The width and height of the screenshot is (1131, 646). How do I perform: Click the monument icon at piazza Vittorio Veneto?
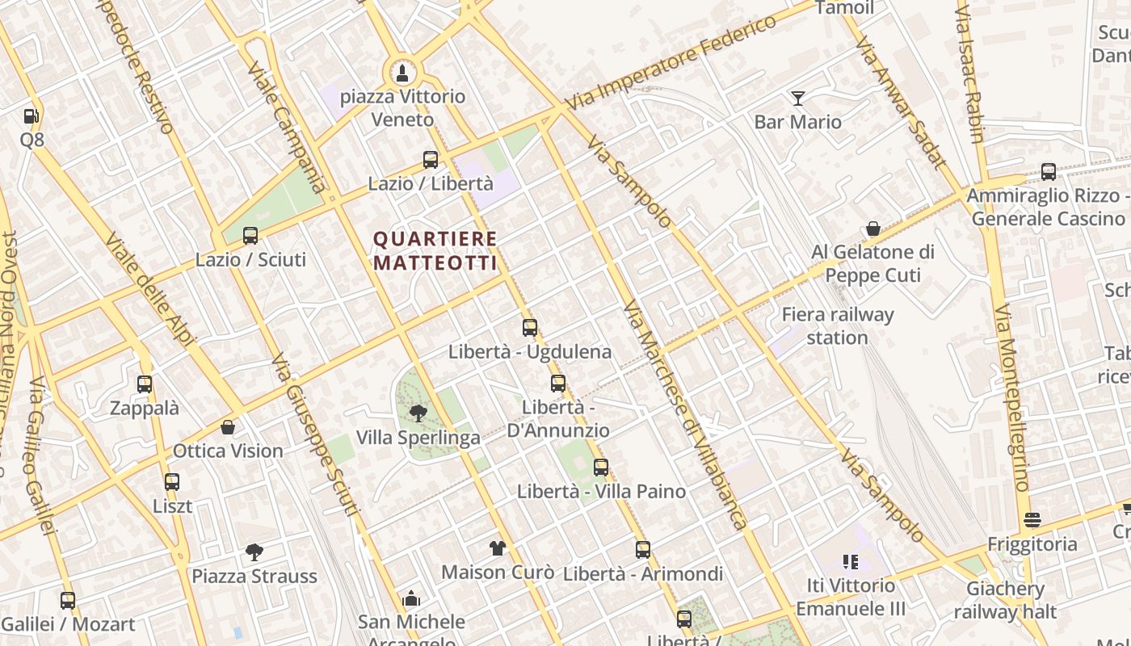[401, 73]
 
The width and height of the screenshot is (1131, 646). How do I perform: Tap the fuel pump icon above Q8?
[32, 116]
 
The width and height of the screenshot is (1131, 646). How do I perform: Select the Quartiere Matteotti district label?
[435, 250]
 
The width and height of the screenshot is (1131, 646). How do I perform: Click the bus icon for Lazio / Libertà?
[431, 160]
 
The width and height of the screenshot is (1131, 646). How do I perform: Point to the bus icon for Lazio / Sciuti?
[250, 236]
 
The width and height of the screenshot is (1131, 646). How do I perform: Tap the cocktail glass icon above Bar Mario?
[798, 99]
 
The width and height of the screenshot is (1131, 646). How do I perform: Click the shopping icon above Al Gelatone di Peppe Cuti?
[873, 229]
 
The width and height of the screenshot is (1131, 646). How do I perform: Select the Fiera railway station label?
[838, 325]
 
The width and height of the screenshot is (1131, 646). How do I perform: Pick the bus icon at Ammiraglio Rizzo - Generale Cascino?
[1049, 171]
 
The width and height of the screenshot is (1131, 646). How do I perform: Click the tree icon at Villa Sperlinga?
[418, 414]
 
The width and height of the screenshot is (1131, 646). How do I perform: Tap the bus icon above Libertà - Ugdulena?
[530, 328]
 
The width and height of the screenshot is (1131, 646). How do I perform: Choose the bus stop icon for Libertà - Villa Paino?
[601, 468]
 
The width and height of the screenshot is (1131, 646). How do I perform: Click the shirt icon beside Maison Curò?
[498, 548]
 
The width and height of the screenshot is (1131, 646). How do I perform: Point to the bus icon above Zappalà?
[145, 384]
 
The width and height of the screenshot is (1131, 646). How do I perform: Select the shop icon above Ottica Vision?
[228, 427]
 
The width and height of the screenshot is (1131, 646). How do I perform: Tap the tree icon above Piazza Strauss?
[254, 552]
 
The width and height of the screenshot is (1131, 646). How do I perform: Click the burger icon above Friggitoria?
[1032, 519]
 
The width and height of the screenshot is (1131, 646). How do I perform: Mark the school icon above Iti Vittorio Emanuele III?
[850, 561]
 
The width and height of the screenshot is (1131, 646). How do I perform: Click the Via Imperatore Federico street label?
[671, 63]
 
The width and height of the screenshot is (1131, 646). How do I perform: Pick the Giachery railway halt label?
[1006, 600]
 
